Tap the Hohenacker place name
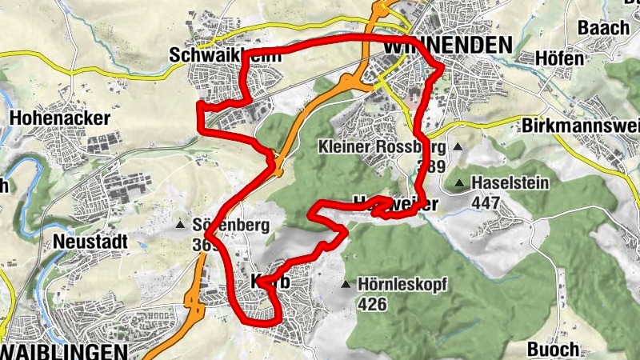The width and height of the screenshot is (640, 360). pos(59,118)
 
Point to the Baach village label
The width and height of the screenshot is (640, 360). pos(603,28)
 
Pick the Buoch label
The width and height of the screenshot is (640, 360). pos(553,349)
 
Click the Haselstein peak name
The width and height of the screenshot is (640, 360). pos(510,183)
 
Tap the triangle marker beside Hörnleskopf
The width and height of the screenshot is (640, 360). pos(346,285)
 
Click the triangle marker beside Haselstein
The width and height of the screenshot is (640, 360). pos(459,184)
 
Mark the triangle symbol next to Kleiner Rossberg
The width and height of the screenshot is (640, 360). pos(458,147)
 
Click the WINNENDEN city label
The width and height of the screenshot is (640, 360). pos(447,46)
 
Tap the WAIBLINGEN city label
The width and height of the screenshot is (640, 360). pos(64,352)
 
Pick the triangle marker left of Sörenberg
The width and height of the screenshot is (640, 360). pos(182,225)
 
